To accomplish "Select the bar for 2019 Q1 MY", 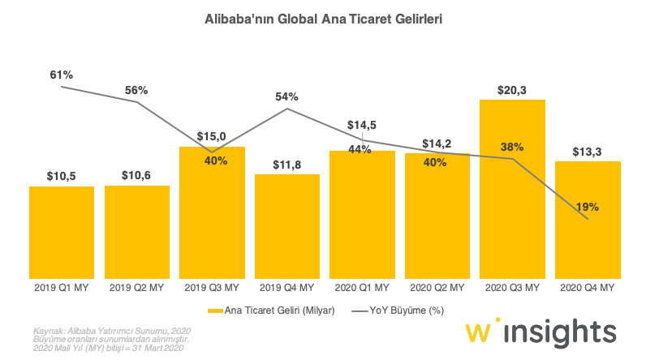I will [62, 232].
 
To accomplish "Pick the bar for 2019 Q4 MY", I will [286, 226].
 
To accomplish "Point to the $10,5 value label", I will [62, 175].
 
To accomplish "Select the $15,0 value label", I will [212, 136].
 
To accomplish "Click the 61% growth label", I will [62, 75].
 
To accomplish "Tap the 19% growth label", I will [587, 207].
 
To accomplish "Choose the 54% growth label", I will [287, 96].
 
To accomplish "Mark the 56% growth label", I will [136, 90].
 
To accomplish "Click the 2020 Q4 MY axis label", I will [586, 288].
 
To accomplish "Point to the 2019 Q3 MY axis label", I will [212, 288].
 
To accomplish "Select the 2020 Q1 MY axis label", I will [362, 288].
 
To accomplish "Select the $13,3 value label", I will [587, 151].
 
